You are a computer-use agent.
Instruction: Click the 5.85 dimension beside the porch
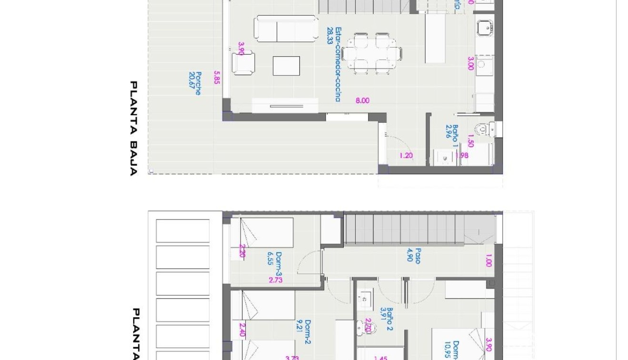tap(217, 77)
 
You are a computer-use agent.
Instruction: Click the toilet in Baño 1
tap(483, 129)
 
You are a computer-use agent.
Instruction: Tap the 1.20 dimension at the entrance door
tap(406, 155)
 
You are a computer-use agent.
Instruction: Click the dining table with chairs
tap(371, 53)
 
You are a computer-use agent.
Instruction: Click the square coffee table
tap(286, 66)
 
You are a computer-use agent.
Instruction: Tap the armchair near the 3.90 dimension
tap(243, 63)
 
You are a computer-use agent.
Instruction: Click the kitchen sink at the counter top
tap(485, 28)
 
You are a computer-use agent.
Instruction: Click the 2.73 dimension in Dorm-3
tap(276, 280)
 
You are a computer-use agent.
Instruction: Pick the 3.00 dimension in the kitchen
tap(470, 63)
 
